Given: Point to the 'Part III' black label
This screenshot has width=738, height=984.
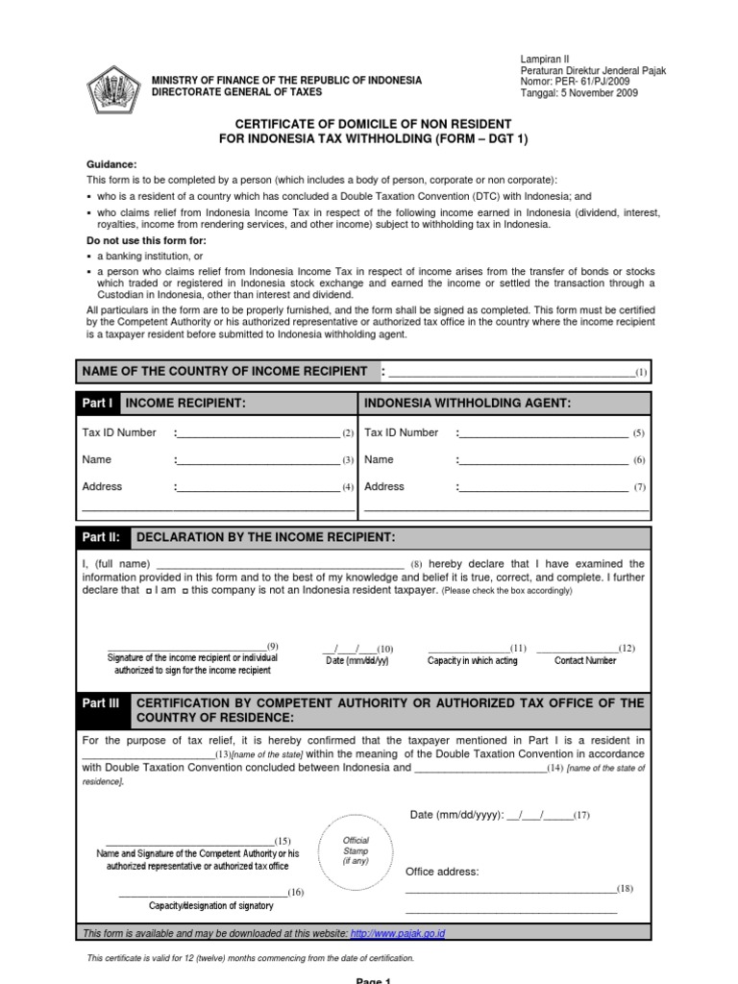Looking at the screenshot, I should tap(101, 703).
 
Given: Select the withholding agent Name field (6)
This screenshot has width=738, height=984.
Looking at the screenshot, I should tap(542, 461).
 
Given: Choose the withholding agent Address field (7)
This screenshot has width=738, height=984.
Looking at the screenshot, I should tap(542, 488).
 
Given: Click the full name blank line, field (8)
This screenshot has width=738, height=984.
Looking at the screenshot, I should tap(279, 564).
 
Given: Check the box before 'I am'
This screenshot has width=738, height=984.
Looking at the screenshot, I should tap(147, 592).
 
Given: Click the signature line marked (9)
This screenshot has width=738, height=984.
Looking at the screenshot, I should tap(187, 647).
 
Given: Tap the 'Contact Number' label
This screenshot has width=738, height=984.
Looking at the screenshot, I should tap(585, 661).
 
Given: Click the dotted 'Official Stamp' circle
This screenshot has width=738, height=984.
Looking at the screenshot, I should tap(356, 850).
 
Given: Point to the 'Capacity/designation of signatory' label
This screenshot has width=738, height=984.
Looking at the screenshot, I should tap(210, 905).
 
